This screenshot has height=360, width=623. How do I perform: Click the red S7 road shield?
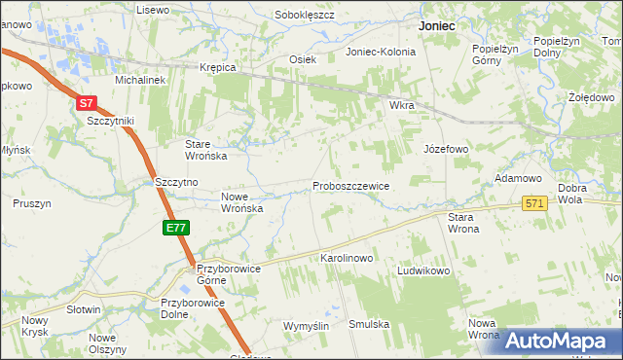(x=87, y=102)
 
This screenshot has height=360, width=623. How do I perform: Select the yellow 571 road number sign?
(x=534, y=203)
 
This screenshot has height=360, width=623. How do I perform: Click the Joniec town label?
(x=437, y=27)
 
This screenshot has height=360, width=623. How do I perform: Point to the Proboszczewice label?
(x=351, y=186)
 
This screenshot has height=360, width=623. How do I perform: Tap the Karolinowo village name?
(x=348, y=259)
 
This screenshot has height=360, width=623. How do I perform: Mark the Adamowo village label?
(x=518, y=179)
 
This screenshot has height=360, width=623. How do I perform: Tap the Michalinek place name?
(x=140, y=81)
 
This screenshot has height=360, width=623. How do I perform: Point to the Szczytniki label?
(x=110, y=121)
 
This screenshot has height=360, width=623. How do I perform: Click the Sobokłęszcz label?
(x=305, y=16)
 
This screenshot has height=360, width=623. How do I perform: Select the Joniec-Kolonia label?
(x=381, y=53)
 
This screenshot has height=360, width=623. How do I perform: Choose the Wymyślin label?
(x=307, y=325)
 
